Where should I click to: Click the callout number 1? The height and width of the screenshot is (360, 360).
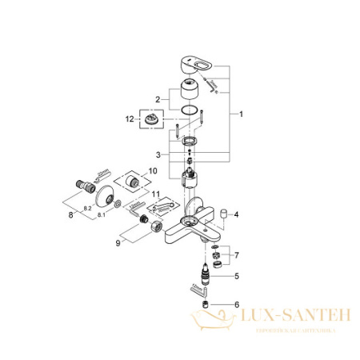click(241, 114)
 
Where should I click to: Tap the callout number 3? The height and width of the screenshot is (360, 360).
click(158, 154)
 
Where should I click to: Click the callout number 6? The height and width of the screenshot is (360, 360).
click(237, 305)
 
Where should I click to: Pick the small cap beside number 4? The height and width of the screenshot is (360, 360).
click(223, 214)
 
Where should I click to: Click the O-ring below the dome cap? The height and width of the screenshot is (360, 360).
click(189, 110)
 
